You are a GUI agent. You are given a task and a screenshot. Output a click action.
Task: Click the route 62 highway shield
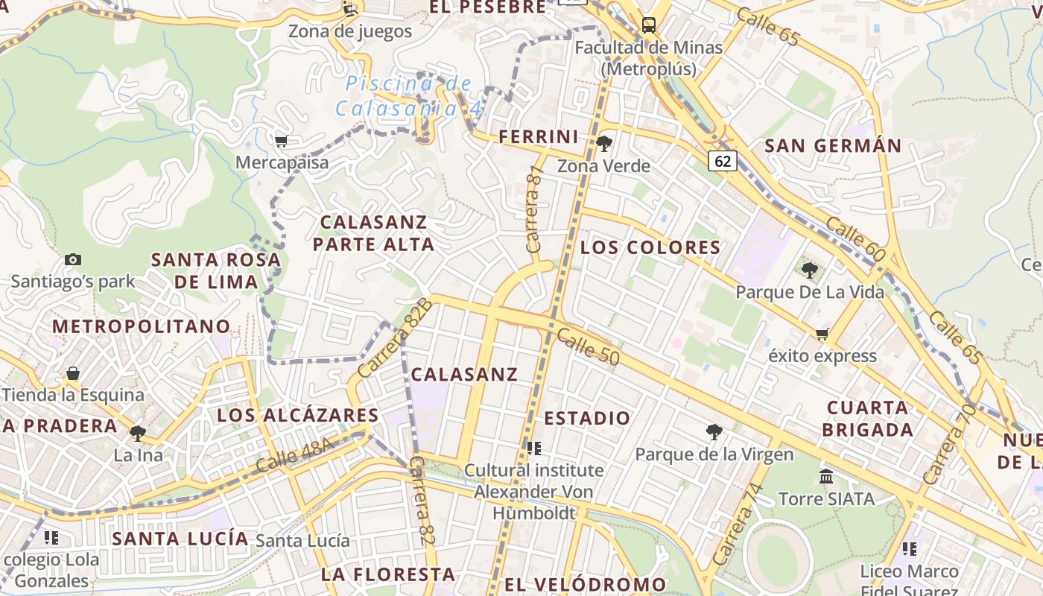[723, 161]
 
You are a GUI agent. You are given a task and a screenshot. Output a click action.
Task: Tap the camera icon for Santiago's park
[73, 259]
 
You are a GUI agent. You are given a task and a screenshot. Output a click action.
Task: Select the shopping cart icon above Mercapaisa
[281, 141]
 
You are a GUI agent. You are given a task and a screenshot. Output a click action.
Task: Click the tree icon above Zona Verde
[604, 143]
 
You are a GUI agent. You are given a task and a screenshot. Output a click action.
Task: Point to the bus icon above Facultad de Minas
[649, 25]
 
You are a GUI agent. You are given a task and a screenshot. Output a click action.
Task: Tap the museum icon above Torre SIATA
[826, 476]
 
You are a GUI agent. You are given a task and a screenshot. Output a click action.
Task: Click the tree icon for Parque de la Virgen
[714, 431]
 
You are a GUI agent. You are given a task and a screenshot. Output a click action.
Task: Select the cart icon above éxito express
[822, 334]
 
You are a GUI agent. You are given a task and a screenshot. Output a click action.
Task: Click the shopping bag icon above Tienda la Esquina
[73, 372]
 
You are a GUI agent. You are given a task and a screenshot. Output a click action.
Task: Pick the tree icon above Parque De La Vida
[810, 270]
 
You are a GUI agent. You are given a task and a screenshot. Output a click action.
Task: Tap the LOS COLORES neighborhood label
[650, 247]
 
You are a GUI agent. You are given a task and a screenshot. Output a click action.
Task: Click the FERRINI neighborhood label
[539, 137]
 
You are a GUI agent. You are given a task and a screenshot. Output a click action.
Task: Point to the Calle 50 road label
[588, 346]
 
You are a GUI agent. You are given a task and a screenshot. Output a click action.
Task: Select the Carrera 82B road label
[395, 337]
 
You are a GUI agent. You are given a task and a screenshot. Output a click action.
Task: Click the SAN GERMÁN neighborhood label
[833, 146]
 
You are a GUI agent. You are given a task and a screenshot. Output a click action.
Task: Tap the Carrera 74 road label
[738, 523]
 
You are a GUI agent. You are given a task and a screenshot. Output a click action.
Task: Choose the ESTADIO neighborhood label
[587, 418]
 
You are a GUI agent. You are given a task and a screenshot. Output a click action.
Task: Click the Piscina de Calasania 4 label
[409, 96]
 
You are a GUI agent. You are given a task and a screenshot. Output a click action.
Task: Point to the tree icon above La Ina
[138, 433]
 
